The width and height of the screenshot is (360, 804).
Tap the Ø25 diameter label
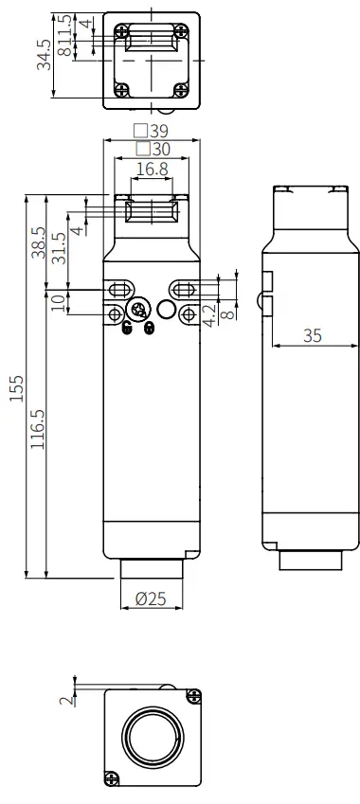click(x=152, y=598)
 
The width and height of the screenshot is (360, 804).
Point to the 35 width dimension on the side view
click(x=312, y=335)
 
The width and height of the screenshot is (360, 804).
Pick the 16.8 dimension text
click(x=152, y=169)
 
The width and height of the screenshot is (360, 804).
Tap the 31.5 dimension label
click(x=60, y=248)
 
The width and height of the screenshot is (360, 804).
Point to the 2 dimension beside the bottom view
click(x=63, y=701)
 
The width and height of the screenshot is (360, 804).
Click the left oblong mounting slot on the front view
click(x=120, y=289)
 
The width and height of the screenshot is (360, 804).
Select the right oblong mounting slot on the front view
click(x=184, y=289)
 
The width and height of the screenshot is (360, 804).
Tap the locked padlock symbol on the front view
click(x=149, y=328)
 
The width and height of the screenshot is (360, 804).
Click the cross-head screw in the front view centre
click(x=139, y=311)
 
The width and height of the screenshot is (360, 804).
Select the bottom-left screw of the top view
click(x=123, y=90)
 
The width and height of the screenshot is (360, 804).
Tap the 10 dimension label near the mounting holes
click(x=59, y=302)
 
